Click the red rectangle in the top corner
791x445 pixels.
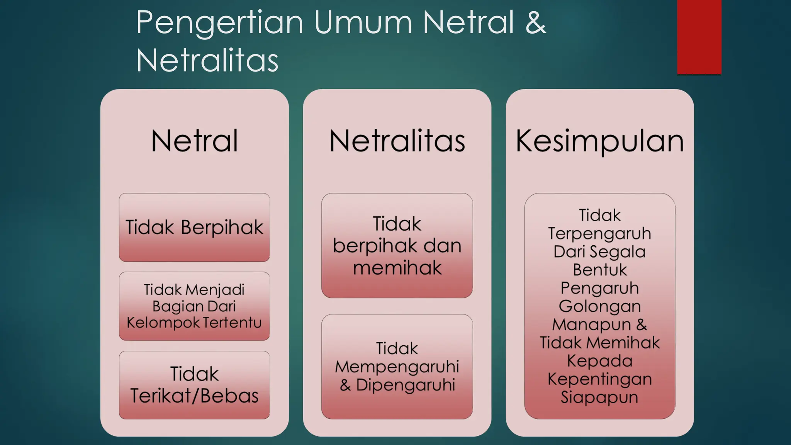[x=699, y=37]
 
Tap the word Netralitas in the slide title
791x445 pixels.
[x=207, y=61]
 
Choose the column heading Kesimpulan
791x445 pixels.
[x=599, y=141]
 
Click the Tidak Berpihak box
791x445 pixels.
[x=194, y=227]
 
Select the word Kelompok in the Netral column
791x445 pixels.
[x=162, y=323]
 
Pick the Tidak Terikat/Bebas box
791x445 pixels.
[x=194, y=385]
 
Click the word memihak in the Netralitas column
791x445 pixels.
[x=397, y=268]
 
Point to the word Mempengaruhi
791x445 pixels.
[x=397, y=367]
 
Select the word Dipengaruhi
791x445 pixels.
[x=406, y=385]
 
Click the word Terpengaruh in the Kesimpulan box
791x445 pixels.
[x=599, y=233]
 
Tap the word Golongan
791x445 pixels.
[x=599, y=306]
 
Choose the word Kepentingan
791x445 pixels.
[x=599, y=379]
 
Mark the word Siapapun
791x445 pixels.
[x=599, y=397]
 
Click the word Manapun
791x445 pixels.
[x=591, y=324]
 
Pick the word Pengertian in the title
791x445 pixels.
[x=219, y=23]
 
